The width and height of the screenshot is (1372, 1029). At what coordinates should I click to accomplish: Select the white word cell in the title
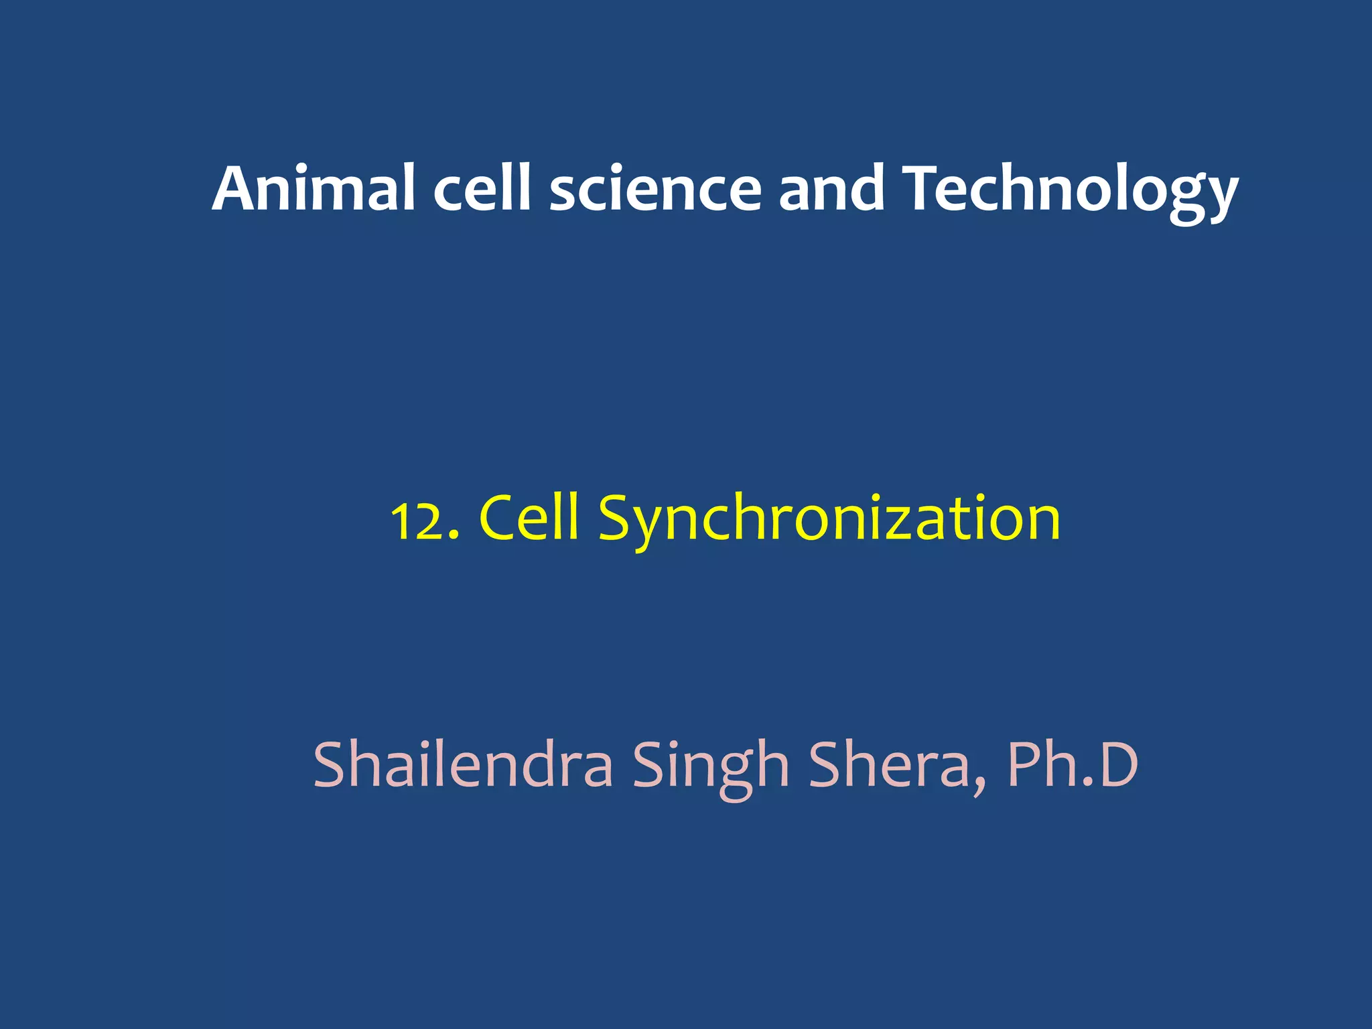(482, 189)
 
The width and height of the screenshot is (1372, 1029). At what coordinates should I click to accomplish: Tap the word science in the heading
(655, 190)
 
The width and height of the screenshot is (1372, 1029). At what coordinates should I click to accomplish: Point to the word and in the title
(831, 189)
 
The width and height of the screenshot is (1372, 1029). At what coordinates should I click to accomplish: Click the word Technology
(1070, 190)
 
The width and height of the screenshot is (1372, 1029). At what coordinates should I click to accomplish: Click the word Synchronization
(829, 519)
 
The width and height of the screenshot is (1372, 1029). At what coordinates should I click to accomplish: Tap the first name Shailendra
(463, 765)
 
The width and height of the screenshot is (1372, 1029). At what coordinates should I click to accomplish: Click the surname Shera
(890, 765)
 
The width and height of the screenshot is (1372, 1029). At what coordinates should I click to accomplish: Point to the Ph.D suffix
(1072, 765)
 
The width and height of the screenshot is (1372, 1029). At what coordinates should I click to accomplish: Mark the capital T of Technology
(924, 189)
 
